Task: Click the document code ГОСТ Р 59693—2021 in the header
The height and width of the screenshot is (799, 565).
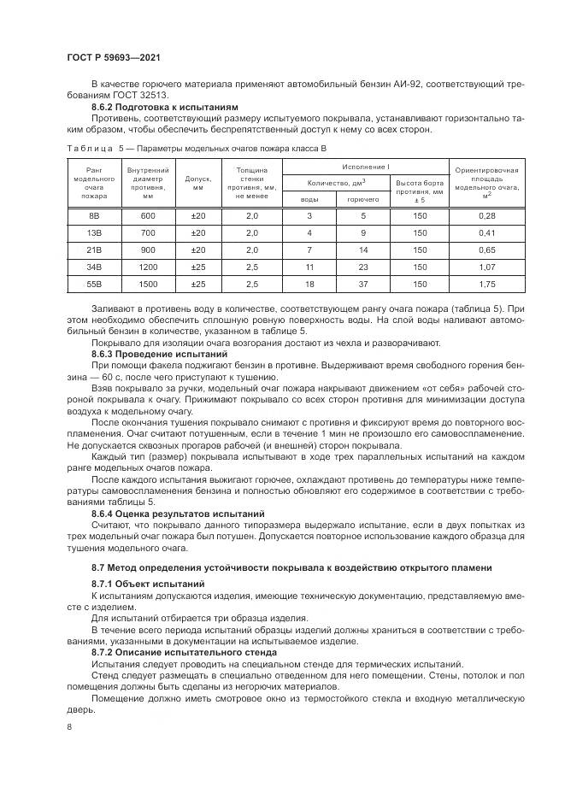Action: click(114, 56)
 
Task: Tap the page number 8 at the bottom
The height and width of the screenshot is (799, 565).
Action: click(68, 726)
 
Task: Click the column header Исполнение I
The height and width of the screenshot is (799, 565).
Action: click(366, 166)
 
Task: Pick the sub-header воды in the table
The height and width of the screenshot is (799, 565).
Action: click(309, 198)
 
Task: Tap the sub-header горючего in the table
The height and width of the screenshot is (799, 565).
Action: click(363, 198)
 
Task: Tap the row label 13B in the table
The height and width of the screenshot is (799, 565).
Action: click(96, 233)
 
